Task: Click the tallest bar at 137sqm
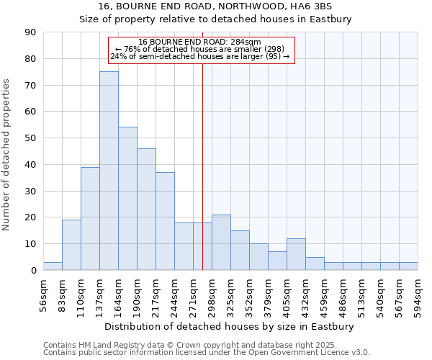coord(109,171)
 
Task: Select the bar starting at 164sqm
coord(127,199)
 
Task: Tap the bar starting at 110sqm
coord(90,218)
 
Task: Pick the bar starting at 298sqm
coord(221,243)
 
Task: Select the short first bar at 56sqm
coord(53,266)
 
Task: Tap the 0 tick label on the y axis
coord(33,271)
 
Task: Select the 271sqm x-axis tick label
coord(193,296)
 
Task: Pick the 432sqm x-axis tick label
coord(305,296)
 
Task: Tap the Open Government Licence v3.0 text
coord(310,352)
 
